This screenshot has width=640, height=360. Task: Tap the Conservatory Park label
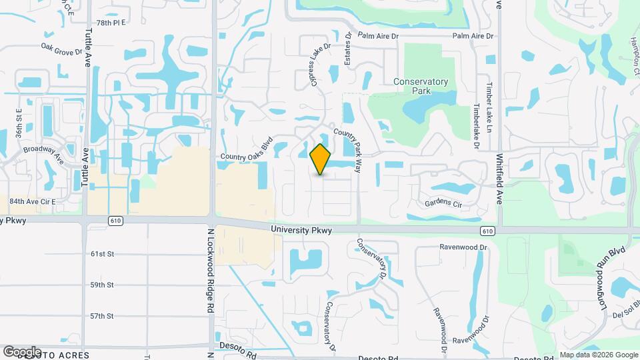click(421, 87)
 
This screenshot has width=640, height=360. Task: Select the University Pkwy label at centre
click(301, 230)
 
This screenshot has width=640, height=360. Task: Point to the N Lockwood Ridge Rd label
click(210, 270)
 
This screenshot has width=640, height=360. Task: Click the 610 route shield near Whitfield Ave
click(487, 230)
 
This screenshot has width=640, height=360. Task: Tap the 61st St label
click(103, 254)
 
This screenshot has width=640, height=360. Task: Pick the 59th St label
click(103, 285)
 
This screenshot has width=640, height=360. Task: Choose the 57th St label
click(103, 316)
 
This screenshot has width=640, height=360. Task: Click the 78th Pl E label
click(111, 23)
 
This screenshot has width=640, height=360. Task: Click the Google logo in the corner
click(21, 351)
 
